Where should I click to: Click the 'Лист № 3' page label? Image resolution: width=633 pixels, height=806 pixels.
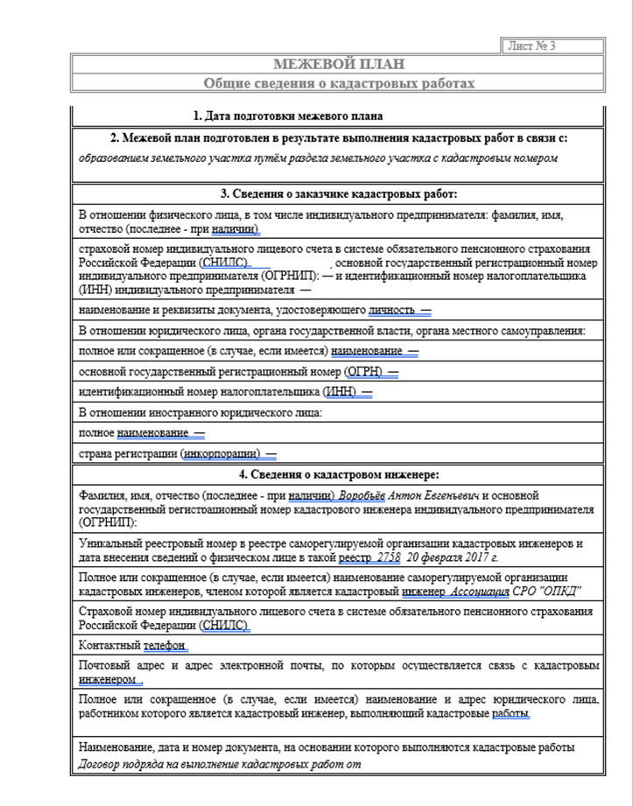click(x=531, y=46)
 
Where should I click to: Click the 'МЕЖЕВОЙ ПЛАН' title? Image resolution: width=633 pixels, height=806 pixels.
click(x=338, y=65)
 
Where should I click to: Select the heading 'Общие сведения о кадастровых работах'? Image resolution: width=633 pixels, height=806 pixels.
click(x=339, y=83)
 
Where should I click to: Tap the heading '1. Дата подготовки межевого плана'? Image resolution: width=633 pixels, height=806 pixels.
click(x=287, y=116)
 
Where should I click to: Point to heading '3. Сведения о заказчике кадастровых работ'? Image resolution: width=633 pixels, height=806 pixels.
click(x=339, y=193)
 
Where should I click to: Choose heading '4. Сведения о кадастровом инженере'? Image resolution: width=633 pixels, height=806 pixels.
click(x=339, y=475)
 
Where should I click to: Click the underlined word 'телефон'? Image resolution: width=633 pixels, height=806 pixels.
click(x=165, y=646)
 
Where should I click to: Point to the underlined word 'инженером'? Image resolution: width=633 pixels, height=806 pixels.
click(x=108, y=679)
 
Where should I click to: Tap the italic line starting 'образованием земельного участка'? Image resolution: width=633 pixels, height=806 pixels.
click(x=318, y=158)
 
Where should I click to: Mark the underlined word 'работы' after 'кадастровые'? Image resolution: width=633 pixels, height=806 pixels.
click(x=510, y=714)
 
